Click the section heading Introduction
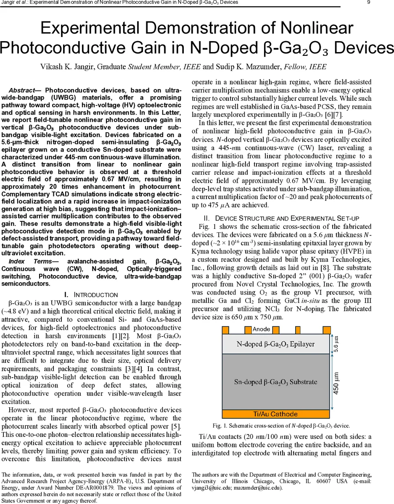[95, 295]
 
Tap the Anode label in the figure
[262, 329]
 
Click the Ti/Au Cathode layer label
[275, 414]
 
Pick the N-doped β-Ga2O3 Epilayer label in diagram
[275, 344]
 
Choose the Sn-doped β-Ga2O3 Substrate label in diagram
[275, 382]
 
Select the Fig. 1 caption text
[281, 425]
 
